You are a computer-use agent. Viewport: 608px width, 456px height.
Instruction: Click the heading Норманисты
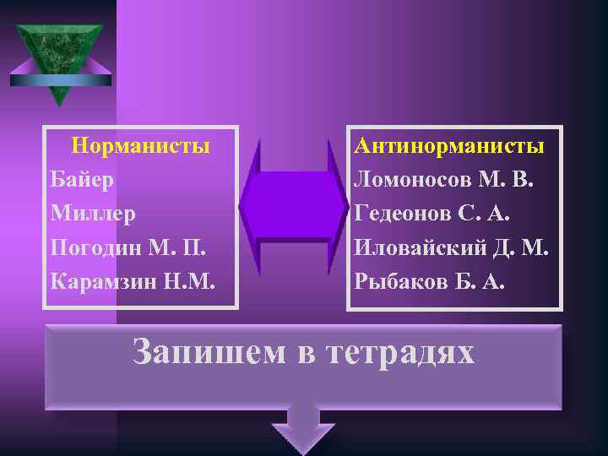click(141, 145)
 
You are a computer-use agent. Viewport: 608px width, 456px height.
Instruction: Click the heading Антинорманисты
click(449, 145)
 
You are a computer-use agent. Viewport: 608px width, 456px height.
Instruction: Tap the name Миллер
click(92, 214)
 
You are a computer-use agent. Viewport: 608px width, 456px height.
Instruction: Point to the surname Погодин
click(98, 247)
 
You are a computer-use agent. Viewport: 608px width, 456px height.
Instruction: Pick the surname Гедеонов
click(403, 214)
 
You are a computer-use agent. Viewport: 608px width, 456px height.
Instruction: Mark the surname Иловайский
click(418, 247)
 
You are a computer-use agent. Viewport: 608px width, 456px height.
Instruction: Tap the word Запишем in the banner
click(209, 351)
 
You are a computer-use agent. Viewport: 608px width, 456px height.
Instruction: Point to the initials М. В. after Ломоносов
click(507, 179)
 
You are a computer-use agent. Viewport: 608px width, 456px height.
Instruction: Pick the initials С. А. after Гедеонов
click(485, 214)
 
